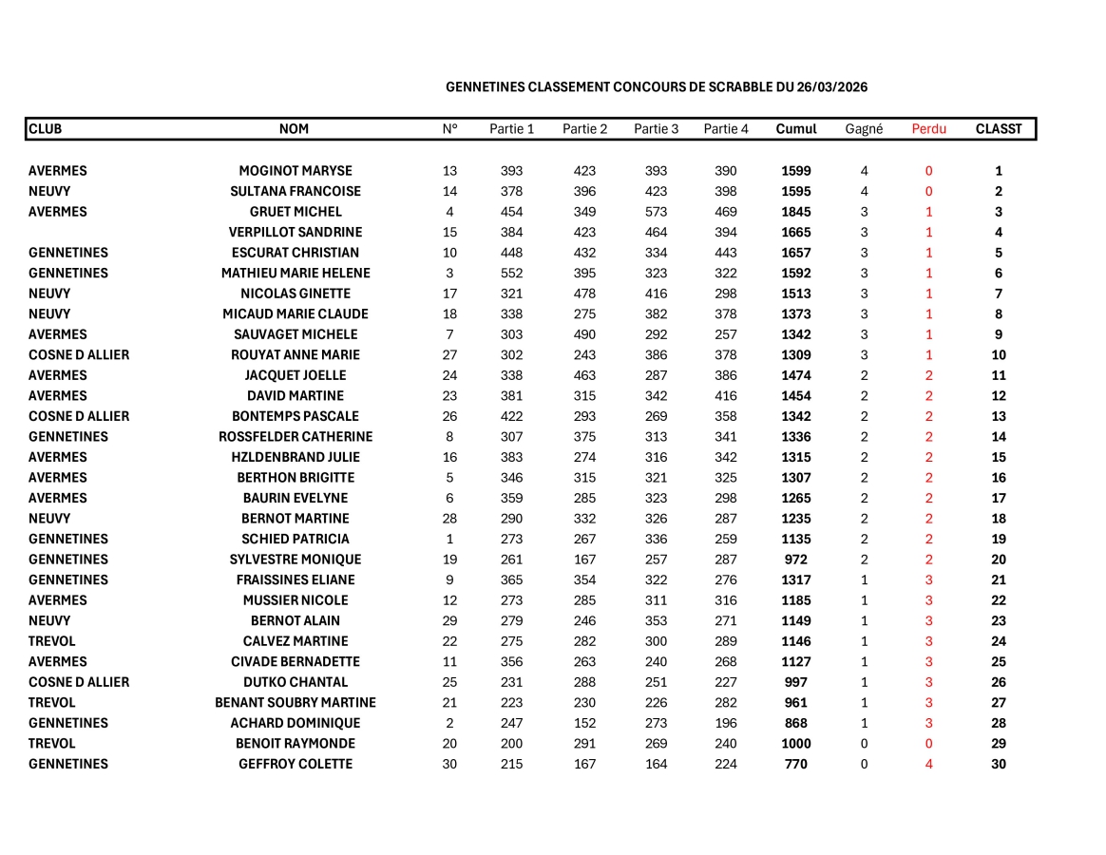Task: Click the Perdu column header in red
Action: (928, 129)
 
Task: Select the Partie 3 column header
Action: (657, 129)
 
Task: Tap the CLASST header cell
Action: (999, 129)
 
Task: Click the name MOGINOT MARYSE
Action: (296, 171)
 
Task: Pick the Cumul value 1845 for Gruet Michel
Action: (796, 212)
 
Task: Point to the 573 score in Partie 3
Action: (657, 212)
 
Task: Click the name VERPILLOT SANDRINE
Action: (296, 232)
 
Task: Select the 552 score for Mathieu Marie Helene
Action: (512, 274)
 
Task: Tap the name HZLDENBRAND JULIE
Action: (296, 457)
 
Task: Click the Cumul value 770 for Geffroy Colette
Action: (796, 764)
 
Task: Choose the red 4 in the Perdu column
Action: (928, 764)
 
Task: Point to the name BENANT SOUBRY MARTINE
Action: (296, 703)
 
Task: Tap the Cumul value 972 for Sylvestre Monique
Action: (796, 560)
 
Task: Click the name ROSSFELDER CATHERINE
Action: (296, 437)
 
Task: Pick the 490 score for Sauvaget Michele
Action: (584, 334)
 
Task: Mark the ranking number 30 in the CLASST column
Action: (999, 764)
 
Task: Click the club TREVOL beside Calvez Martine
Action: (52, 641)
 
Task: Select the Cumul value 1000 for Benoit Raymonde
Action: (796, 744)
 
